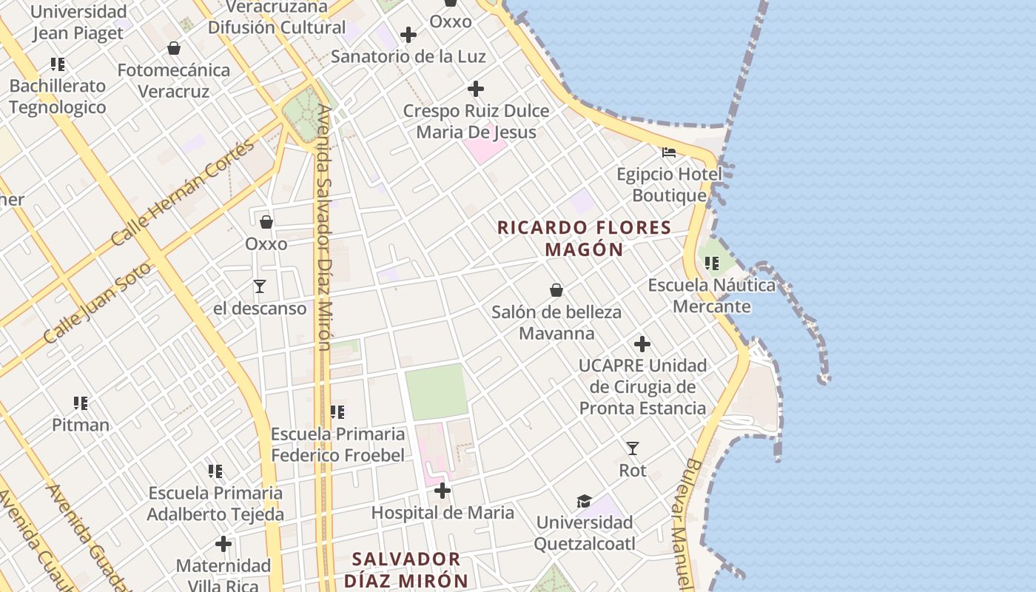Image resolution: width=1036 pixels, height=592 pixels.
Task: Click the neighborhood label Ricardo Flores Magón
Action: tap(585, 238)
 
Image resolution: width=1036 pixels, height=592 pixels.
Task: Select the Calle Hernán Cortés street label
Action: tap(183, 193)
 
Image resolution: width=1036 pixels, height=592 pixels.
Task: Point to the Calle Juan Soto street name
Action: tap(97, 303)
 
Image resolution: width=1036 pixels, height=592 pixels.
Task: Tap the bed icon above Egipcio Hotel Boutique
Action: tap(669, 152)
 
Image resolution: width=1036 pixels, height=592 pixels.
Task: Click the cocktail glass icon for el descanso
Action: tap(260, 286)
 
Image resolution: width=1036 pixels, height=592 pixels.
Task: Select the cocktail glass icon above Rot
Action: tap(633, 448)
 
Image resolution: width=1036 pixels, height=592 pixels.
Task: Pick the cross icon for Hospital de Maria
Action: tap(443, 491)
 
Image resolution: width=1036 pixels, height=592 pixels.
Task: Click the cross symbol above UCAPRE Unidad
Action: tap(642, 344)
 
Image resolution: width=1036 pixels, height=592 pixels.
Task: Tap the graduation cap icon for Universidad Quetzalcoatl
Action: tap(585, 501)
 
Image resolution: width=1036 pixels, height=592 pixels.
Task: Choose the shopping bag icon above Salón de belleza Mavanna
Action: tap(556, 290)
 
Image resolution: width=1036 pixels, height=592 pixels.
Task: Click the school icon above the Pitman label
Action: tap(81, 403)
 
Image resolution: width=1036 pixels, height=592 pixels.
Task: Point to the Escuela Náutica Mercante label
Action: tap(712, 295)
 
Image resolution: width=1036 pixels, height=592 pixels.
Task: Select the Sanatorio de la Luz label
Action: tap(408, 56)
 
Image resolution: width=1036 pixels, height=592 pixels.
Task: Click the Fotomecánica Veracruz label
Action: tap(174, 81)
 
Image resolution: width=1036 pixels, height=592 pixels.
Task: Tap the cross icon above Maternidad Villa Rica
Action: tap(223, 545)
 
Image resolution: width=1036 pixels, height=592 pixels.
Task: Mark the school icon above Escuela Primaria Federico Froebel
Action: tap(337, 412)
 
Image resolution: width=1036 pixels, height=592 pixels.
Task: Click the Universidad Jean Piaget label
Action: tap(78, 22)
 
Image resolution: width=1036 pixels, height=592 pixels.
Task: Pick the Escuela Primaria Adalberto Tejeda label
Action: tap(215, 503)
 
